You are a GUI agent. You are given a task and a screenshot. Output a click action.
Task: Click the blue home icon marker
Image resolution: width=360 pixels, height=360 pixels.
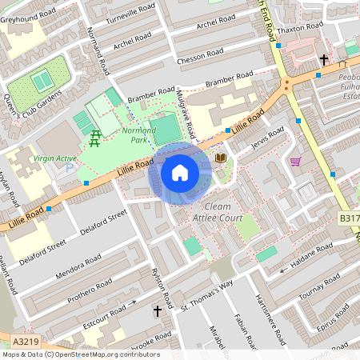pos(180,173)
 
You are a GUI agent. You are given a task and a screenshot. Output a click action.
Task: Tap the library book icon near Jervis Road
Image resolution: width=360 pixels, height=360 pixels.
pos(221,158)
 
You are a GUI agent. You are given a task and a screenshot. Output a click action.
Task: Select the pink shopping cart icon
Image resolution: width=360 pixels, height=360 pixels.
pos(295,162)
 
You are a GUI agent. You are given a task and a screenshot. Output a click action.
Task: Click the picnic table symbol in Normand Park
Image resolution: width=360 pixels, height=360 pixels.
pos(96,138)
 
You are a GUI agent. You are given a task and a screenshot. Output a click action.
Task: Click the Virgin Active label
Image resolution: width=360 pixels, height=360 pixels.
pos(55,158)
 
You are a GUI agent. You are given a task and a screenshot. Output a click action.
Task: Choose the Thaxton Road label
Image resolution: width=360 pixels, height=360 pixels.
pos(304,26)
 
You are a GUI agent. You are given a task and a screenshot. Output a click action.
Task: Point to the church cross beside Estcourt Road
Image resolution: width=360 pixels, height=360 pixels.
pos(157,310)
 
